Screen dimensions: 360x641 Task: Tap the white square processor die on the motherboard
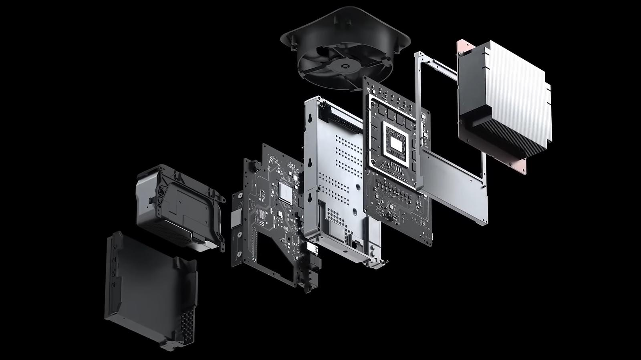click(395, 143)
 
